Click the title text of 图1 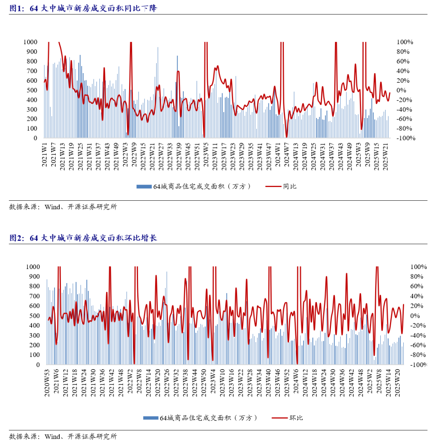pos(83,8)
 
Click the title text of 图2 pos(83,238)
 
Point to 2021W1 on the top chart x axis pos(45,155)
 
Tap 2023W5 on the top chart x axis pos(205,155)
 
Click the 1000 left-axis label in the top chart pos(31,42)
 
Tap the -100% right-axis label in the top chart pos(405,138)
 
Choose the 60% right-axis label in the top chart pos(403,61)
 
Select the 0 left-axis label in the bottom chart pos(38,365)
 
